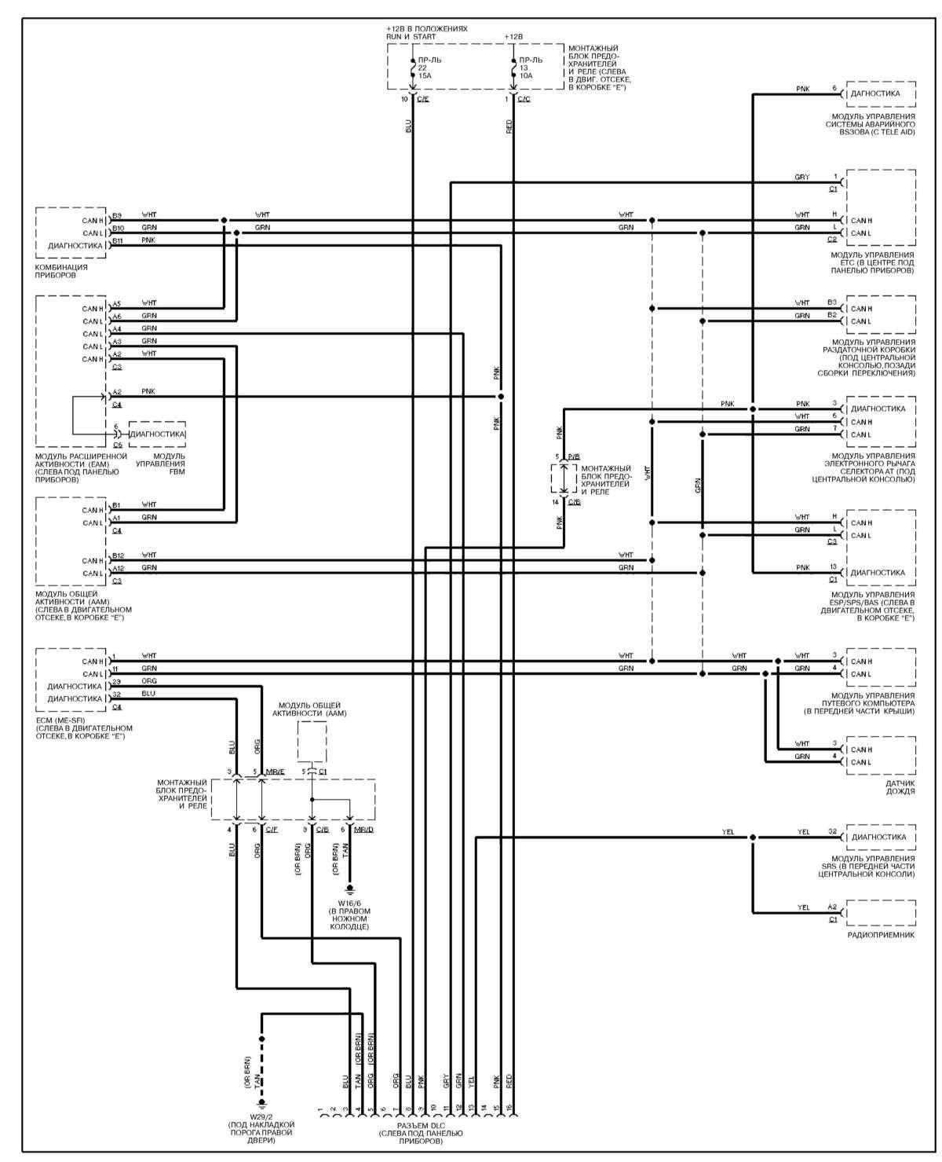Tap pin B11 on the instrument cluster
[117, 240]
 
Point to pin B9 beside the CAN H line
[117, 215]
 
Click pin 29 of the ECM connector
[116, 681]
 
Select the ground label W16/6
[349, 903]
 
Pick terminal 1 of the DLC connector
[321, 1111]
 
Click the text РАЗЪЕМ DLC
[420, 1125]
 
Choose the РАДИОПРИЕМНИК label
[881, 936]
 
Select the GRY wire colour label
[801, 178]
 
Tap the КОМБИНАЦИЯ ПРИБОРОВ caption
[61, 271]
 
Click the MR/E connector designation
[275, 772]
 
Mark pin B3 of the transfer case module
[831, 302]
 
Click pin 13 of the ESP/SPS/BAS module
[832, 567]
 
